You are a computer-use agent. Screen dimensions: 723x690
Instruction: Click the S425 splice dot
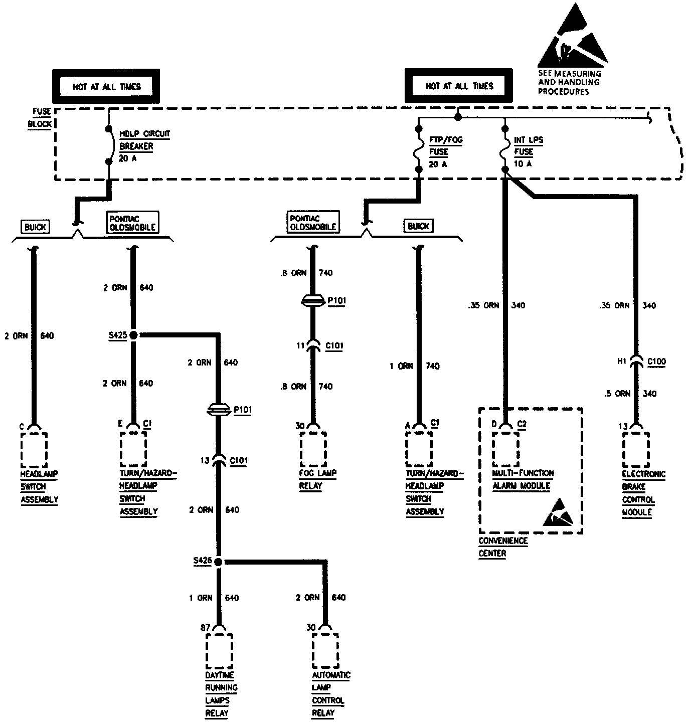(133, 335)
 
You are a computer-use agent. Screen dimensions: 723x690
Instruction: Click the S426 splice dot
(218, 562)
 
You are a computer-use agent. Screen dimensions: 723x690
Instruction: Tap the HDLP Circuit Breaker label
(144, 146)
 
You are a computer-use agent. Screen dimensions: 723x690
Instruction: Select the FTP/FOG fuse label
(445, 151)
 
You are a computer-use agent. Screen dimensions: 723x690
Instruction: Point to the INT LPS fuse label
(528, 151)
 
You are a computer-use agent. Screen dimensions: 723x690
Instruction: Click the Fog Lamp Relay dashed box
(313, 448)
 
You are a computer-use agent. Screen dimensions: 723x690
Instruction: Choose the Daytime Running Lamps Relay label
(221, 694)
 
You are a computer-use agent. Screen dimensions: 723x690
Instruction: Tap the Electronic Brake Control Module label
(643, 493)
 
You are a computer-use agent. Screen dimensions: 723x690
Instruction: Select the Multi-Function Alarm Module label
(523, 479)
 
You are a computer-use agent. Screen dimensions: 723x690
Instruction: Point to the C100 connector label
(656, 361)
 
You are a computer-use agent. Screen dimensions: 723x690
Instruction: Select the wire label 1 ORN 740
(414, 366)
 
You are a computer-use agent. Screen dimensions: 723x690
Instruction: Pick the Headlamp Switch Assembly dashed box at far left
(34, 449)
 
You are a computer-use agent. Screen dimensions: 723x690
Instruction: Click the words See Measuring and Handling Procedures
(569, 82)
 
